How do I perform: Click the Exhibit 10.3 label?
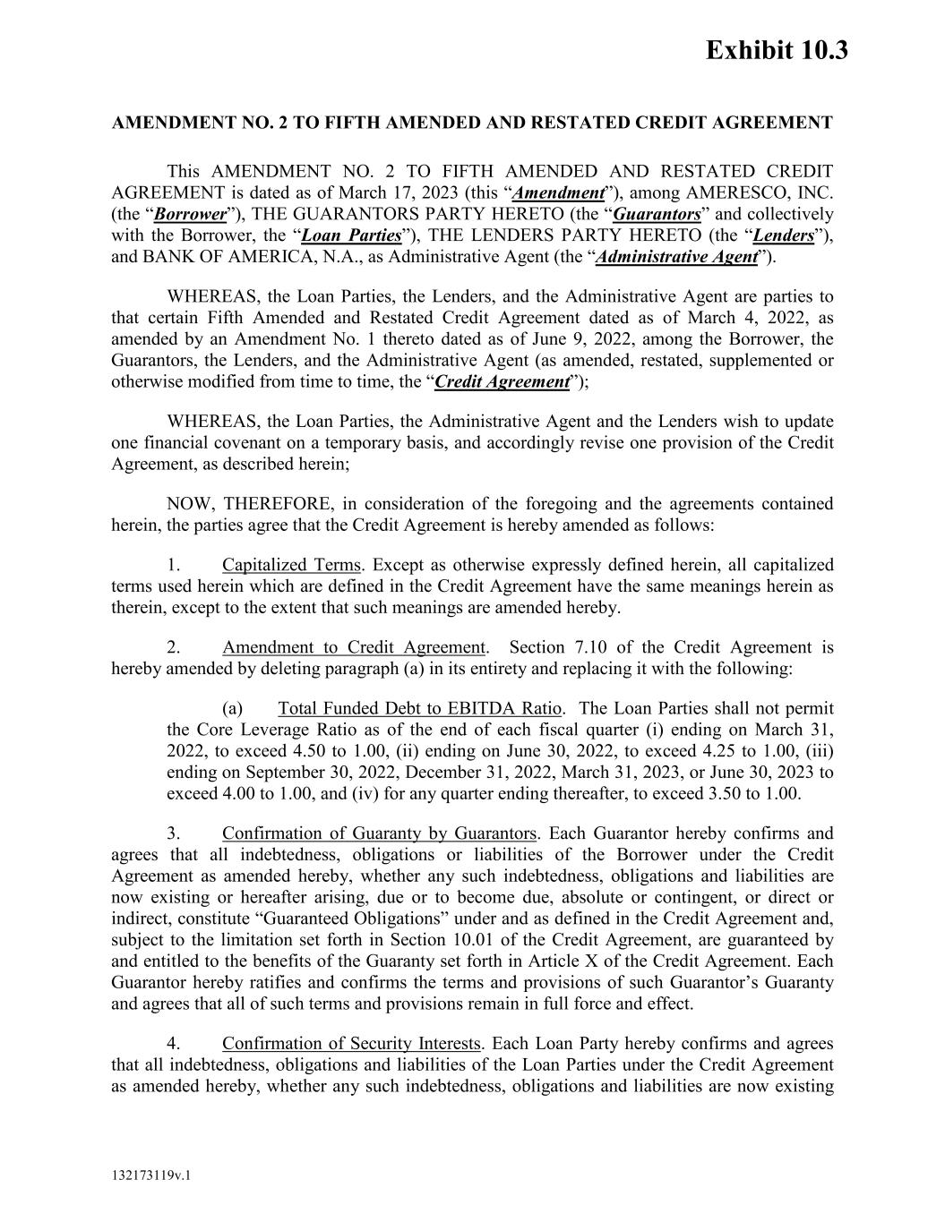776,50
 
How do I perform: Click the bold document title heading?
472,123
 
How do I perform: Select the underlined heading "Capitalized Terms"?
291,565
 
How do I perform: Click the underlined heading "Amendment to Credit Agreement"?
354,647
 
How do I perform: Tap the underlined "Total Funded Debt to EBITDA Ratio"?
420,709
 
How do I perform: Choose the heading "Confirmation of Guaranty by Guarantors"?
379,833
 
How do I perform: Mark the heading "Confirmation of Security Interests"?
352,1044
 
